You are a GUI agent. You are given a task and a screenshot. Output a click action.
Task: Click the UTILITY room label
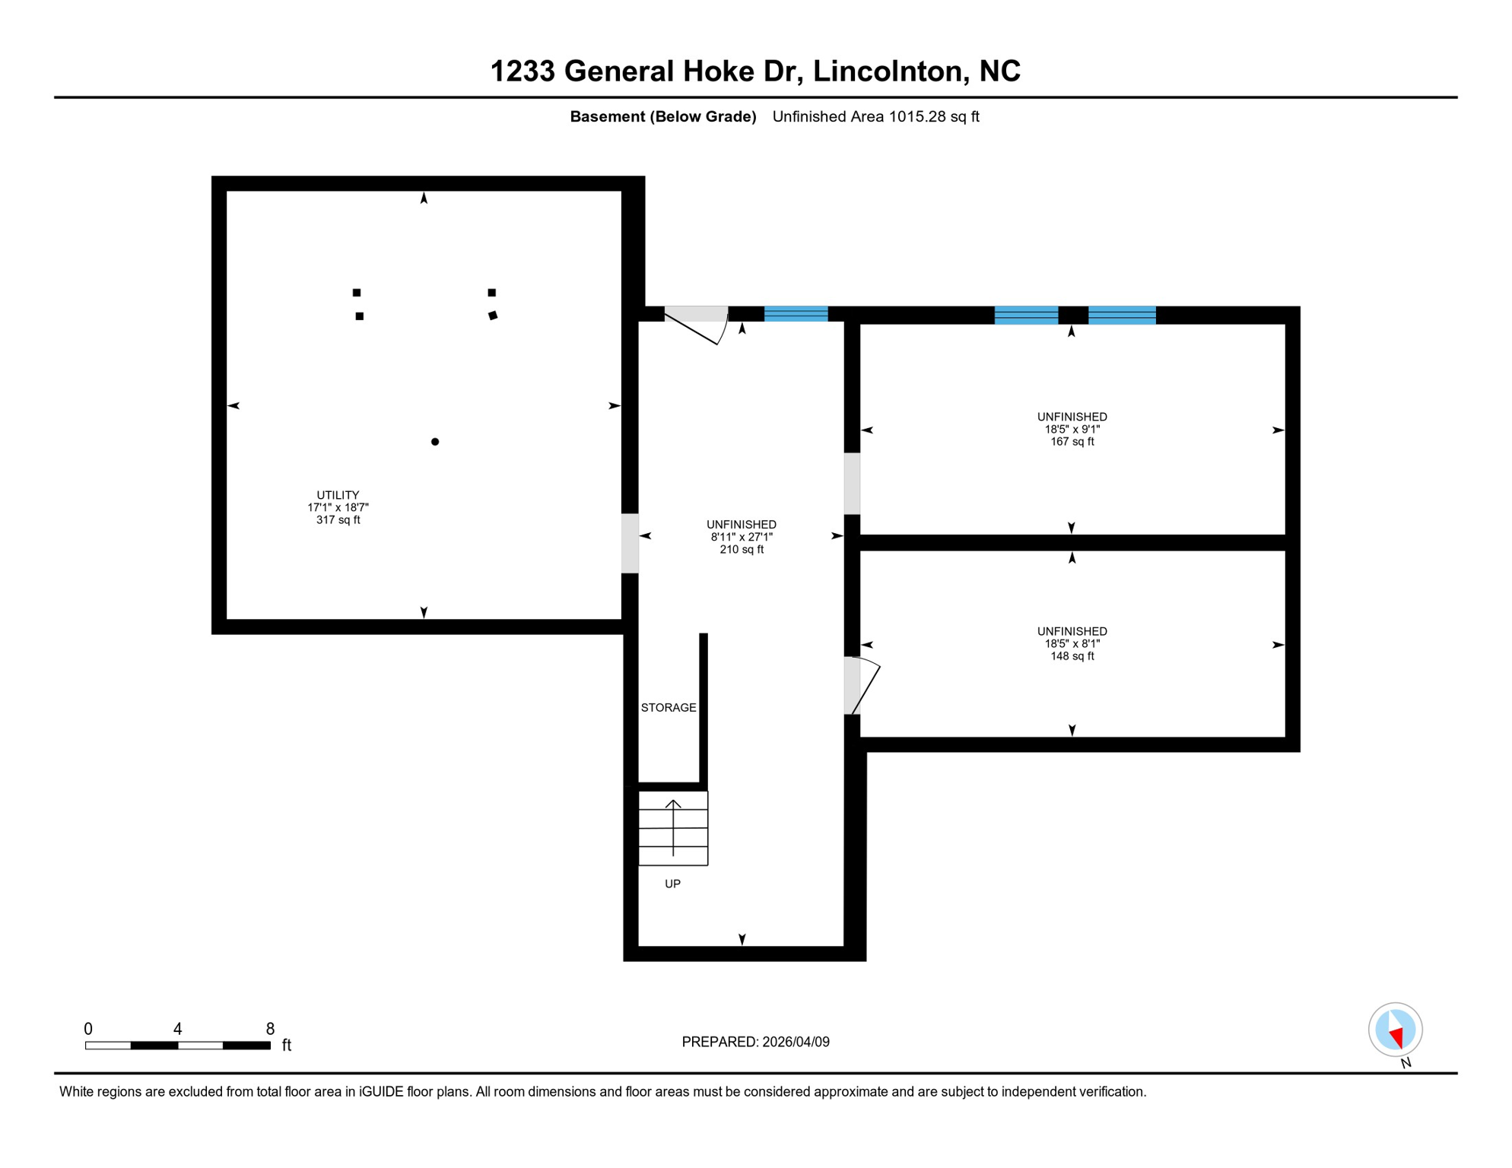point(338,495)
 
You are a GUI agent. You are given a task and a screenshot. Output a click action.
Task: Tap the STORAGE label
point(669,708)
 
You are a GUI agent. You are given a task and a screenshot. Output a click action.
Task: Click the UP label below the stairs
point(672,884)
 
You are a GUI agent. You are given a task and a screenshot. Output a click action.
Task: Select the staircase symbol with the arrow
point(673,828)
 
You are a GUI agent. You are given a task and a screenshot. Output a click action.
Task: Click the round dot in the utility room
point(435,442)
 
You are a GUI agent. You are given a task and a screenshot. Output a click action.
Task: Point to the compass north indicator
point(1395,1030)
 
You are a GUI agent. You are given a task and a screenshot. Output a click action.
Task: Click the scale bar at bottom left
point(178,1046)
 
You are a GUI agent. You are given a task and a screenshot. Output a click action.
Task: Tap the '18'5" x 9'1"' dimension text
point(1072,430)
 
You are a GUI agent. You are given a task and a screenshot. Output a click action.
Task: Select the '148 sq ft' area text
point(1072,656)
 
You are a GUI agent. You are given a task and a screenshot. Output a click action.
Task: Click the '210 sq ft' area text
point(742,550)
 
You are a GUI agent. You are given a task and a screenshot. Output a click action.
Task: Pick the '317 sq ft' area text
point(338,520)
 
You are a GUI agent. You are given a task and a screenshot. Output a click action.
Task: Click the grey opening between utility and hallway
point(630,544)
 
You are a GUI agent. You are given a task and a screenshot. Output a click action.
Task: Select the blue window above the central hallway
point(796,314)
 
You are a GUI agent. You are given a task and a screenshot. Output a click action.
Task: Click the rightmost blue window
point(1122,315)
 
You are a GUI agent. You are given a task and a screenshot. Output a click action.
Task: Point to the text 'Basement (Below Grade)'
point(663,116)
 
